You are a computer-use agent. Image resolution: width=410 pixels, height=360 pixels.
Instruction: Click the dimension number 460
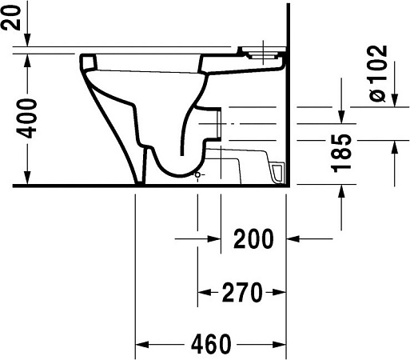pos(210,345)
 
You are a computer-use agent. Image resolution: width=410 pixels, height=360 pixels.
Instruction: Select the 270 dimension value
pos(242,293)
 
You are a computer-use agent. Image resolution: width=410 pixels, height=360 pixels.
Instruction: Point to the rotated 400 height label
pos(28,118)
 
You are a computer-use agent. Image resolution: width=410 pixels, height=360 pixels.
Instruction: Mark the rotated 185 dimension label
pos(341,152)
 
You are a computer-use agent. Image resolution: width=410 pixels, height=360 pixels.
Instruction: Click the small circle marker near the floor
pos(197,174)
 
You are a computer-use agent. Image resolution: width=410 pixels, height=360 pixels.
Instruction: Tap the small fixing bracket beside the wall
pos(277,172)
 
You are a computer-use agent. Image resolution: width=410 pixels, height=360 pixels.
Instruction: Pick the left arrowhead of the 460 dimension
pos(141,345)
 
